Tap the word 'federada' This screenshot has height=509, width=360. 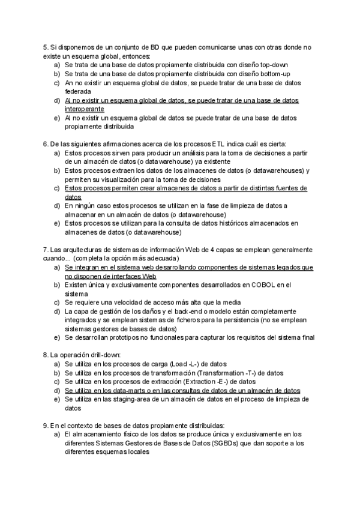79,91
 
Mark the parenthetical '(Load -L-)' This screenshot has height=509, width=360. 190,364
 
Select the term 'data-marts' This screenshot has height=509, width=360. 139,390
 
